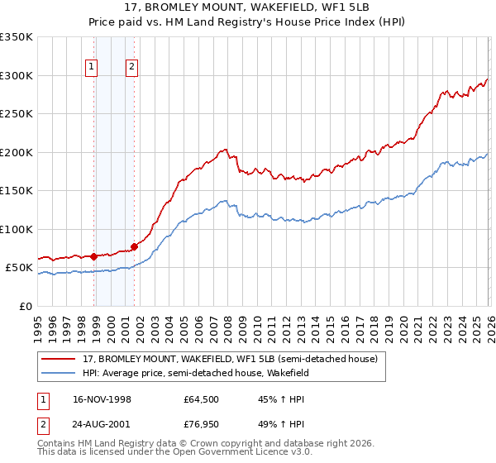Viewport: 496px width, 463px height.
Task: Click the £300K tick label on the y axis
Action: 16,75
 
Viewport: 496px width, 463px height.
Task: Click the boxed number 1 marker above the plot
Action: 91,69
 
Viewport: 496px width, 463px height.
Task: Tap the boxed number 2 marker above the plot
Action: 131,69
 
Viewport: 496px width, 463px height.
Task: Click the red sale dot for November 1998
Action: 94,256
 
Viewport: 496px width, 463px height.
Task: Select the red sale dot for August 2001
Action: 134,246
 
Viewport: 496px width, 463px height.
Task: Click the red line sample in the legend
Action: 60,359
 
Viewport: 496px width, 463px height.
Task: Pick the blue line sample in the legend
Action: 60,374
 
